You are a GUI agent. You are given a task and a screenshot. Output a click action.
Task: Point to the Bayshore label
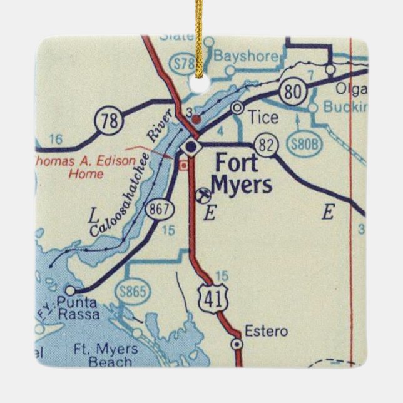[x=236, y=56]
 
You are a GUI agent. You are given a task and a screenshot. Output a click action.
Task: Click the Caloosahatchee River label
[x=123, y=186]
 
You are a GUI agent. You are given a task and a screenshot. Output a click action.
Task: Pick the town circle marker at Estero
[x=237, y=344]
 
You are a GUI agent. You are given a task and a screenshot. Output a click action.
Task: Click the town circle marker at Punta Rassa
[x=70, y=290]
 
